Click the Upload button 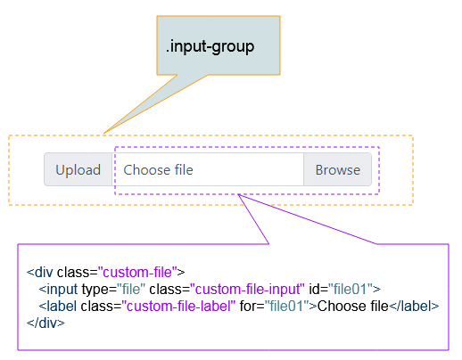pos(78,169)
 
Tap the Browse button pos(338,169)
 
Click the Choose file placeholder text pos(158,170)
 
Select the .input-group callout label pos(210,46)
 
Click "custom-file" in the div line pos(137,272)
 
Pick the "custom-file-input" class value pos(247,289)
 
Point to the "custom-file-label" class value pos(178,306)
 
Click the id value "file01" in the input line pos(351,289)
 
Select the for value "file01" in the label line pos(287,306)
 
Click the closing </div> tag pos(45,323)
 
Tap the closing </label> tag pos(414,306)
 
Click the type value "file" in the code pos(131,289)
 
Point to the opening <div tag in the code pos(40,272)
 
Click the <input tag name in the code pos(58,290)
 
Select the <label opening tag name pos(57,306)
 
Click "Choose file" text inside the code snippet pos(353,306)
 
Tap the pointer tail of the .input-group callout pos(104,133)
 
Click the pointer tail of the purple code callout pos(238,195)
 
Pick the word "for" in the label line pos(249,306)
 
